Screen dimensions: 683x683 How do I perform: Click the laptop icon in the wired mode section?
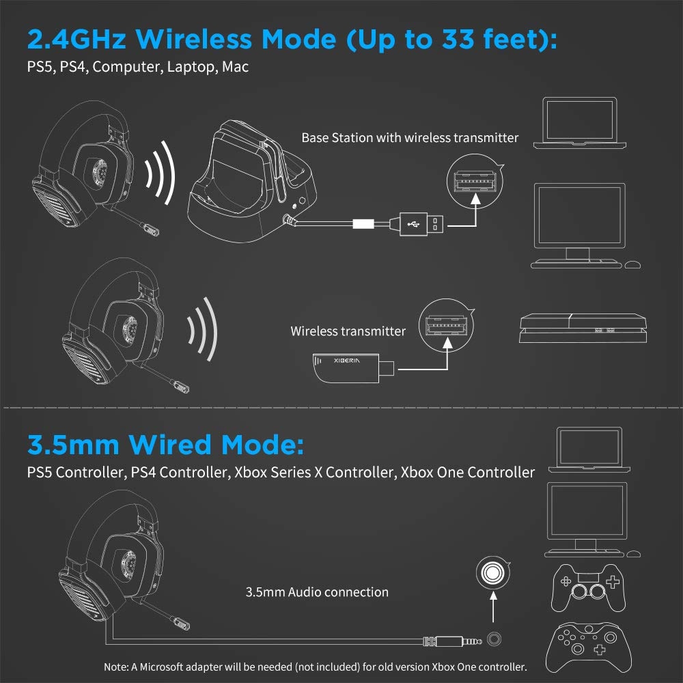pyautogui.click(x=587, y=449)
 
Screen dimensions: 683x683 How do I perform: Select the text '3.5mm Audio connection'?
pyautogui.click(x=317, y=592)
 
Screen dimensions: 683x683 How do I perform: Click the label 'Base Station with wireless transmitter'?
pyautogui.click(x=410, y=138)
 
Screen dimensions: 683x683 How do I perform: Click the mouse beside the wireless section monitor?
pyautogui.click(x=633, y=264)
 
